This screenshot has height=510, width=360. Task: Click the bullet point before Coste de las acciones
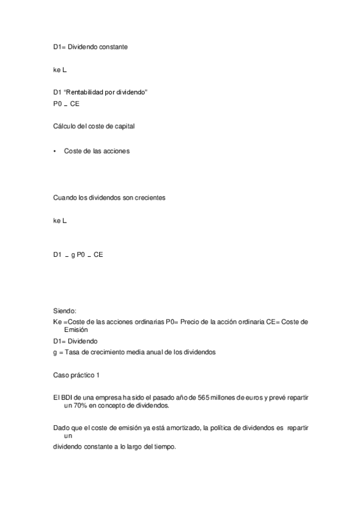55,152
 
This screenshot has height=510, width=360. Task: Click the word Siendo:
65,311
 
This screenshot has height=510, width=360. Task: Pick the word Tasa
70,352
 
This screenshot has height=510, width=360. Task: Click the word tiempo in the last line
163,447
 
